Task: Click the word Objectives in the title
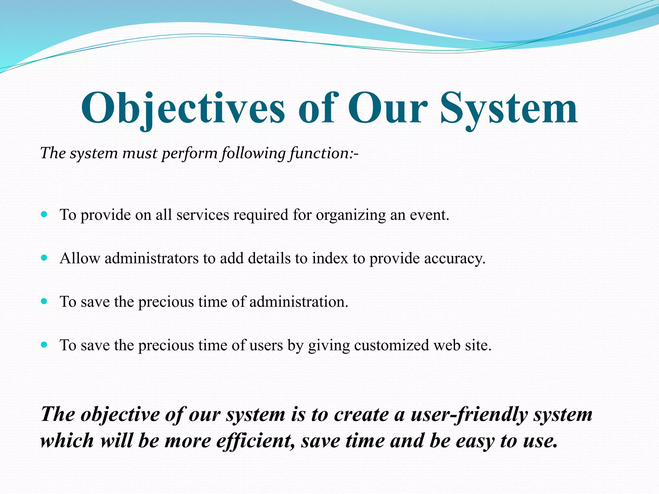pos(182,109)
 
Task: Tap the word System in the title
pos(508,109)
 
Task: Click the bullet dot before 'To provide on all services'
pos(44,214)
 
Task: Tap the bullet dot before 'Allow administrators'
pos(44,258)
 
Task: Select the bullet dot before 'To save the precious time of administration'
pos(44,301)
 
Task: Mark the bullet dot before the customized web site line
pos(44,345)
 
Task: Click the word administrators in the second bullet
pos(152,258)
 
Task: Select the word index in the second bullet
pos(330,258)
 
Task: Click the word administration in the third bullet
pos(299,302)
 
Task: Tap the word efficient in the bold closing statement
pos(255,441)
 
